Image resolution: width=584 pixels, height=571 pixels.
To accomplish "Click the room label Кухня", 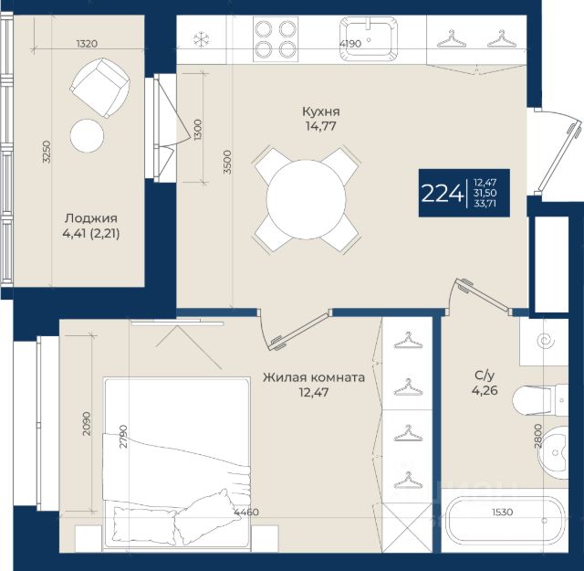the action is tap(320, 111).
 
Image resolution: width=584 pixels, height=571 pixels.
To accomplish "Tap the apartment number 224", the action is tap(443, 194).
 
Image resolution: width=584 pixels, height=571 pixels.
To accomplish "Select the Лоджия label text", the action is tap(91, 218).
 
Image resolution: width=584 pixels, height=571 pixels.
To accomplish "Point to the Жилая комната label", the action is tap(314, 377).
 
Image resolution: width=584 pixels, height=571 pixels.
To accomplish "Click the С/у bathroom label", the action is tap(485, 375).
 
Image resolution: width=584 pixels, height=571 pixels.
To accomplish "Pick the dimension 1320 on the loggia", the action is tap(88, 44).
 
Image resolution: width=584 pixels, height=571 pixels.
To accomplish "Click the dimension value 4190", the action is tap(350, 44).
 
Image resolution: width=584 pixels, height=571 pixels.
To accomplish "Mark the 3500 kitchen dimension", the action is tap(227, 163).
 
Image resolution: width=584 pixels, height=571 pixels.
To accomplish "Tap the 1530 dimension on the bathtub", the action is tap(502, 512).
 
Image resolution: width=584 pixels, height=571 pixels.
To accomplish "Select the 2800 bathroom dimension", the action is tap(537, 436).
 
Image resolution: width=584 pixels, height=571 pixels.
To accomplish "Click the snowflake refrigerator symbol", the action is tap(201, 39).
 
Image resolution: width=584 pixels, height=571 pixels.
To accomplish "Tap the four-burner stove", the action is tap(276, 39).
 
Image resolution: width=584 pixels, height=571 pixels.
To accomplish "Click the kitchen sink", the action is tap(368, 38).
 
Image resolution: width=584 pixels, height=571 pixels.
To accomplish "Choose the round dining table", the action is tap(307, 199).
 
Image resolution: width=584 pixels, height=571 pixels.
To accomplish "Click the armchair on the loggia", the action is tap(99, 88).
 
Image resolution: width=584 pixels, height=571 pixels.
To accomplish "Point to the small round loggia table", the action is tap(88, 135).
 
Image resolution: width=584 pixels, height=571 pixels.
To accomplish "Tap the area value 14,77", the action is tap(320, 126).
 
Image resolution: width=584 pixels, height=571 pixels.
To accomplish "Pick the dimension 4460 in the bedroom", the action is tap(246, 512).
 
